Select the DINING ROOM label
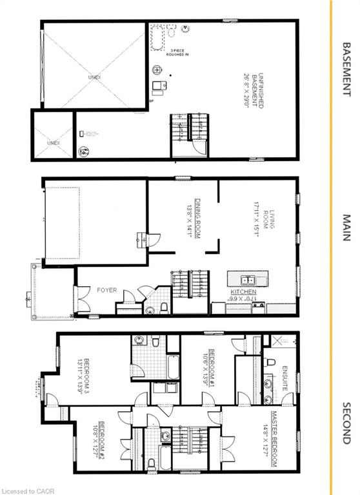click(192, 218)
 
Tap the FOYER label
click(107, 290)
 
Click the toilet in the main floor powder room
click(165, 307)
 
